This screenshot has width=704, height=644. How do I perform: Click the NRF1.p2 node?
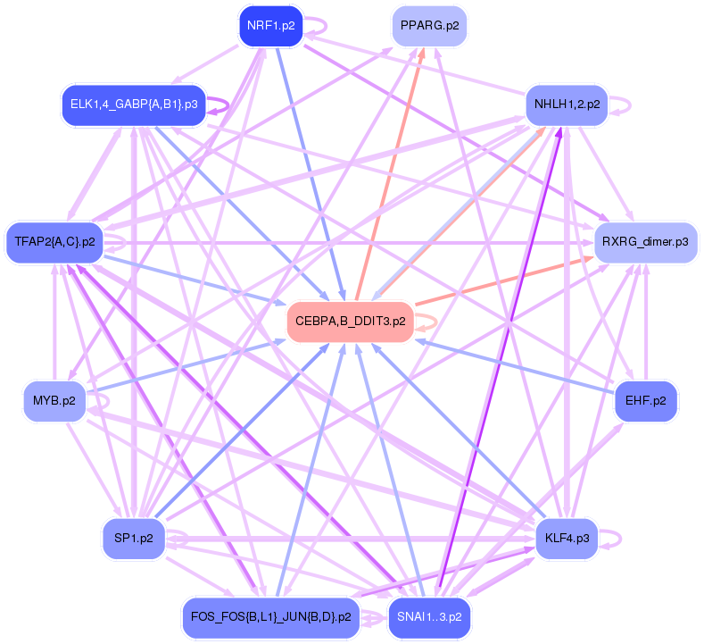click(270, 25)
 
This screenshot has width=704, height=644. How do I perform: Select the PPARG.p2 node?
click(429, 25)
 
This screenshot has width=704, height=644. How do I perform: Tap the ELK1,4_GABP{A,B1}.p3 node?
click(134, 105)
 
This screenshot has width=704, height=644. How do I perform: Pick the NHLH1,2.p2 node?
click(567, 105)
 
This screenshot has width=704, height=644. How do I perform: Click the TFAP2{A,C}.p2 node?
click(54, 241)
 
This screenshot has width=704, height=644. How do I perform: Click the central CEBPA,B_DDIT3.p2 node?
click(349, 321)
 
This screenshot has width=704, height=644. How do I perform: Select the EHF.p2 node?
click(646, 401)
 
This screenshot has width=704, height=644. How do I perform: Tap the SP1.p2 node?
click(134, 539)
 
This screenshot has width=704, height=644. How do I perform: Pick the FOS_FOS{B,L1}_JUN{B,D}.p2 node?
click(269, 617)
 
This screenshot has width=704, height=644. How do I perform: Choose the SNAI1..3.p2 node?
click(429, 617)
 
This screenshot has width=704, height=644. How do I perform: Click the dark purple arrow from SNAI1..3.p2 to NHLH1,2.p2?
click(500, 357)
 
